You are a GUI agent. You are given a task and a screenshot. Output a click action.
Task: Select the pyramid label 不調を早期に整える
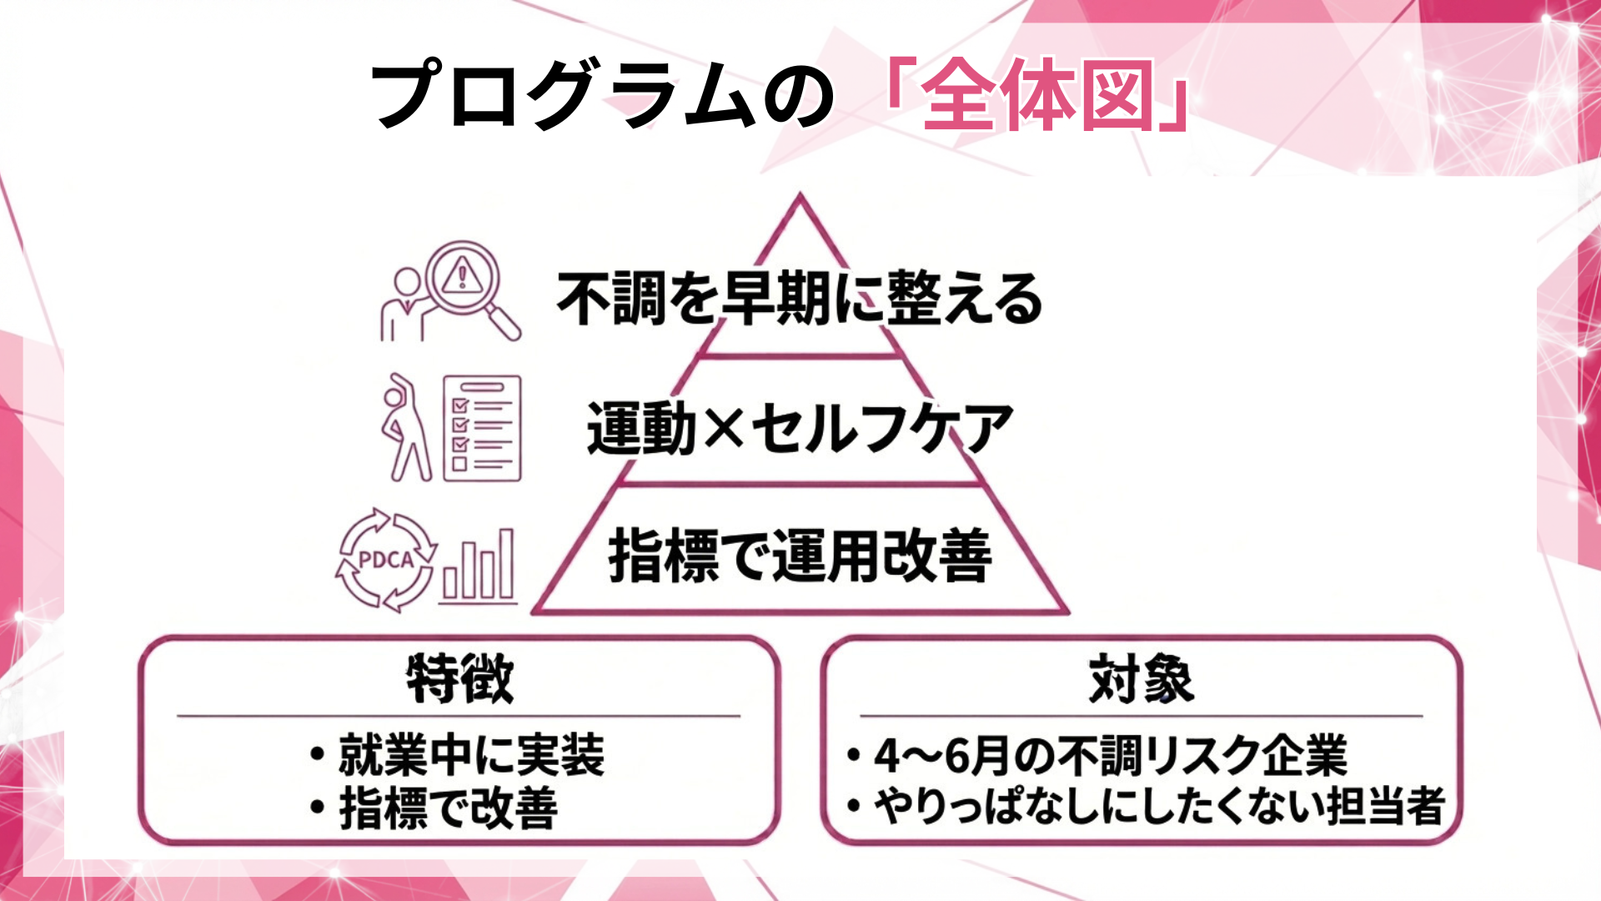point(799,299)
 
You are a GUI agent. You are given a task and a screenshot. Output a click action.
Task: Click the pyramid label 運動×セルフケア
point(799,428)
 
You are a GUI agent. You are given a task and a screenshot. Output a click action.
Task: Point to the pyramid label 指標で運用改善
point(799,556)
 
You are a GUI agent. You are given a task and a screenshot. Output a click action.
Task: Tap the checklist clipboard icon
point(482,428)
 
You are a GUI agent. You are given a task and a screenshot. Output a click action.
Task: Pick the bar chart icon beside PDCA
point(479,566)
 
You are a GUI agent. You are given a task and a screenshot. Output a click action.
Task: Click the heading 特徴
point(459,679)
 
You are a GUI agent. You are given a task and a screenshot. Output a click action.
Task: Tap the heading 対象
point(1141,679)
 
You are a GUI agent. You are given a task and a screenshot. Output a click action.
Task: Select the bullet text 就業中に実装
point(470,755)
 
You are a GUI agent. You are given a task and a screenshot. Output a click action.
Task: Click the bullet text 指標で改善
point(448,808)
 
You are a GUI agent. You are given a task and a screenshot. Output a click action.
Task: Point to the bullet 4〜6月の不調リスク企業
point(1110,755)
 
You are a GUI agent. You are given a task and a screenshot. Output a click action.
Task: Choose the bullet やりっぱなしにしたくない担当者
point(1158,807)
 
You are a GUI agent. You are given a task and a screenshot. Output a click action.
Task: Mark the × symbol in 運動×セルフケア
point(723,428)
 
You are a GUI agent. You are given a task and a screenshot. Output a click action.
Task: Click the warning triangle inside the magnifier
point(461,274)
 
